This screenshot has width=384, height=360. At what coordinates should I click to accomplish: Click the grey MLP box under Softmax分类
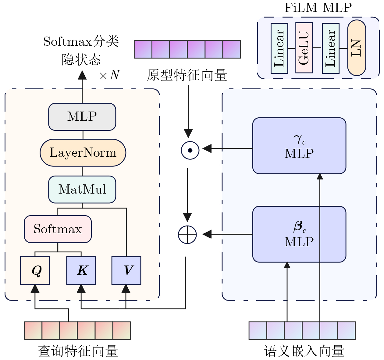coord(82,117)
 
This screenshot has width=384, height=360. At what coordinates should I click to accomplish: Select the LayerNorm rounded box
coord(83,153)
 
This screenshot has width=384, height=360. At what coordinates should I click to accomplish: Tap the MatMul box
coord(82,189)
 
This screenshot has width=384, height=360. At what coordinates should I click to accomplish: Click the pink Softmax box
coord(58,229)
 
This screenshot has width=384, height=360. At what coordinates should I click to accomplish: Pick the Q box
coord(35,270)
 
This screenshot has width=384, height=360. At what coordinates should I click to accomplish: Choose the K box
coord(81,270)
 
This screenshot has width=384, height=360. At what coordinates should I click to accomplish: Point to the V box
coord(126,270)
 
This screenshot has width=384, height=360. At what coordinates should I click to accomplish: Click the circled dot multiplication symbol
coord(190,150)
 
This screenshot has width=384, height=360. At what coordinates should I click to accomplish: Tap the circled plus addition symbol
coord(187,235)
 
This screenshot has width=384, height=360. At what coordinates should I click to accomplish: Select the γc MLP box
coord(299,146)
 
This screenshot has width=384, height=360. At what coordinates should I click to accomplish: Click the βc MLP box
coord(299,234)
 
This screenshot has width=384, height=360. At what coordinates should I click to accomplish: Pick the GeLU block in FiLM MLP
coord(304,48)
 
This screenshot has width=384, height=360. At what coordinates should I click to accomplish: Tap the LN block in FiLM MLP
coord(357,48)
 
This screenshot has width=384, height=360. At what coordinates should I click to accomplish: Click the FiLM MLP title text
coord(318,8)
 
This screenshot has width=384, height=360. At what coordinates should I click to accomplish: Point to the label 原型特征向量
coord(187,75)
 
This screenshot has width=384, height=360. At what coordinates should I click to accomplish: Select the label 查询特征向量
coord(78,351)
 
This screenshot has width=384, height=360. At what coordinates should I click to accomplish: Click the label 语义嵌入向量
coord(304,351)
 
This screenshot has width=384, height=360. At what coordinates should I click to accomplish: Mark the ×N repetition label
coord(109,75)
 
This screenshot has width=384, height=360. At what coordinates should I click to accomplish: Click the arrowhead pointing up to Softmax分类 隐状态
coord(82,75)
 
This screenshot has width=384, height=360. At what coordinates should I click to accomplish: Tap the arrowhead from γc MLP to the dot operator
coord(207,148)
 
